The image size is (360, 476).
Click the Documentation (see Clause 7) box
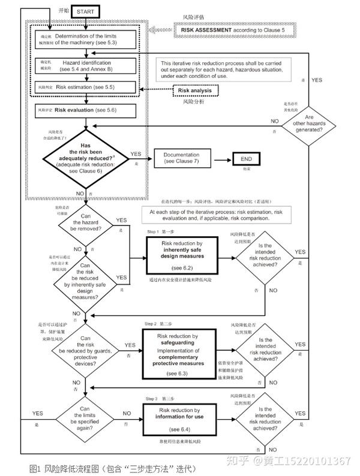click(x=183, y=158)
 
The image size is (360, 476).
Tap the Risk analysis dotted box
click(x=196, y=91)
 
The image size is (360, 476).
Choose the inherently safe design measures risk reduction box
click(x=181, y=257)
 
